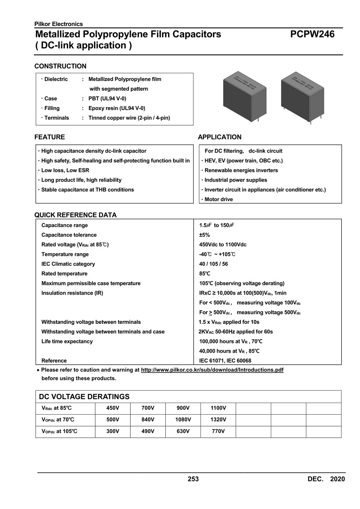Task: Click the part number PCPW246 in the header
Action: point(312,34)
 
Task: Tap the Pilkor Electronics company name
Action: point(59,24)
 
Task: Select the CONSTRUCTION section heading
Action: point(60,66)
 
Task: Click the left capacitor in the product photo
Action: point(244,94)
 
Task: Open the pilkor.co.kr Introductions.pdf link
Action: point(212,370)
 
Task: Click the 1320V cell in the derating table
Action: point(218,420)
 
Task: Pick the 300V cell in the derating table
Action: point(113,431)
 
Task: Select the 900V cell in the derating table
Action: point(183,408)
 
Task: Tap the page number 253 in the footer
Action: point(193,479)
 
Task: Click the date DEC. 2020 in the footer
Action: point(326,479)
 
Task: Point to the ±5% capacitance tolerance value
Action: point(205,235)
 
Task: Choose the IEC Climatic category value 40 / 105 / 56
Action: point(214,264)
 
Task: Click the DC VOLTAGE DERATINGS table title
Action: point(84,397)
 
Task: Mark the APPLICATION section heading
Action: point(220,137)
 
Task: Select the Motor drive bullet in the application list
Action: point(218,199)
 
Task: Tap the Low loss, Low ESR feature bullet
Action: point(65,170)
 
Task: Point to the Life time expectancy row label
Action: point(67,341)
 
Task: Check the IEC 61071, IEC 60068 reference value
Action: point(225,361)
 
